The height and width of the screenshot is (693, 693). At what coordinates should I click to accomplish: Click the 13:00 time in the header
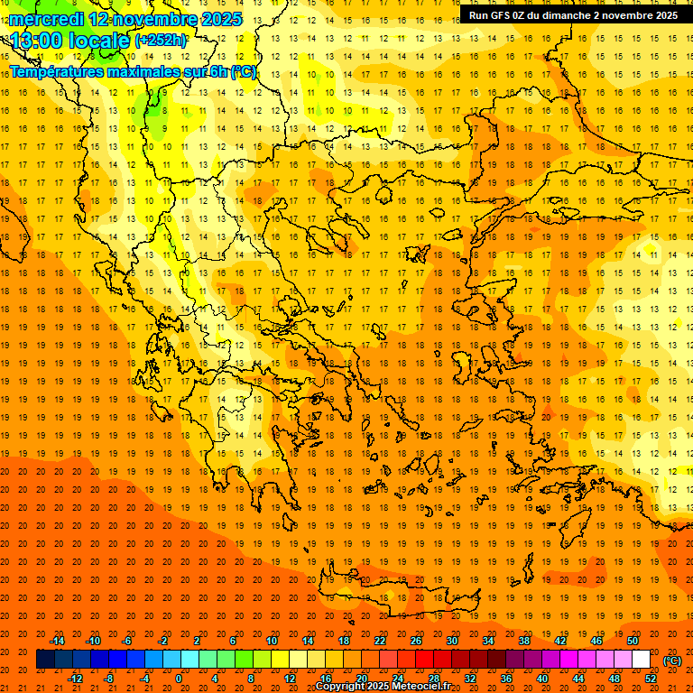coord(35,40)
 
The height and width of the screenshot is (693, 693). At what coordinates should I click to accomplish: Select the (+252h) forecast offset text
coord(161,41)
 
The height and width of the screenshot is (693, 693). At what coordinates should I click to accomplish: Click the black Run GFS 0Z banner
coord(573,15)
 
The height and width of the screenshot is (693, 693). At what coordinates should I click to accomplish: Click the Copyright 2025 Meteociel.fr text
coord(383,687)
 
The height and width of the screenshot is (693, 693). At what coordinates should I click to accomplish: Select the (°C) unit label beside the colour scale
coord(672,661)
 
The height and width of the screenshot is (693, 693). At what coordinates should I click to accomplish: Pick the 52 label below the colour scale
coord(651,679)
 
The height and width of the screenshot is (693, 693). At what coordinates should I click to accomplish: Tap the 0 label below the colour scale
coord(179,679)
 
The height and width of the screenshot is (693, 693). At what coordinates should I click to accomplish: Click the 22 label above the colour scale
coord(380,641)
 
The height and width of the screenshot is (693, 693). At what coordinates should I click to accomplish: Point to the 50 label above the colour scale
coord(633,641)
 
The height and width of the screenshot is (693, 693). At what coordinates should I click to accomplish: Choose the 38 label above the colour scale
coord(524,641)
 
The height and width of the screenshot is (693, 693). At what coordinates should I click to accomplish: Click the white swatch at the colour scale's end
coord(642,660)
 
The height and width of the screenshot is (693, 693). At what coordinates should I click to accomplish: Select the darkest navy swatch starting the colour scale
coord(45,660)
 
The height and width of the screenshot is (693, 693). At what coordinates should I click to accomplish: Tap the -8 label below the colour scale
coord(108,679)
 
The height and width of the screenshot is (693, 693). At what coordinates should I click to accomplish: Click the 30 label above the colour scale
coord(452,641)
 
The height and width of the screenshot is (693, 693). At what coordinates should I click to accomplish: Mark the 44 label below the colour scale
coord(578,679)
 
